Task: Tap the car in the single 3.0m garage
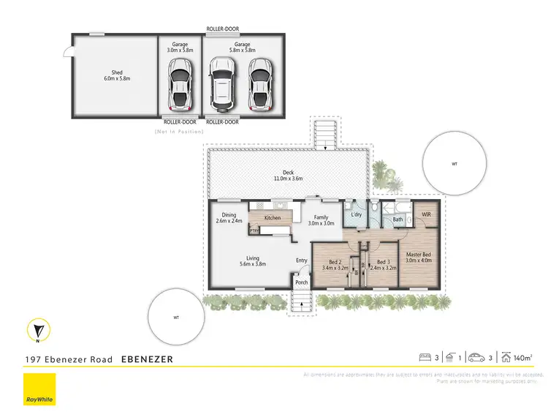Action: point(180,82)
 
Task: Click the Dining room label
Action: point(229,215)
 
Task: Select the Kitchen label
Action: point(273,218)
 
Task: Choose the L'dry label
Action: point(357,215)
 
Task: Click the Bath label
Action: point(398,219)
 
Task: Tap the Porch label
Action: point(301,282)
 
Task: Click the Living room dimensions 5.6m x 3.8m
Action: point(252,264)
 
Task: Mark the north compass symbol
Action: point(38,331)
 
